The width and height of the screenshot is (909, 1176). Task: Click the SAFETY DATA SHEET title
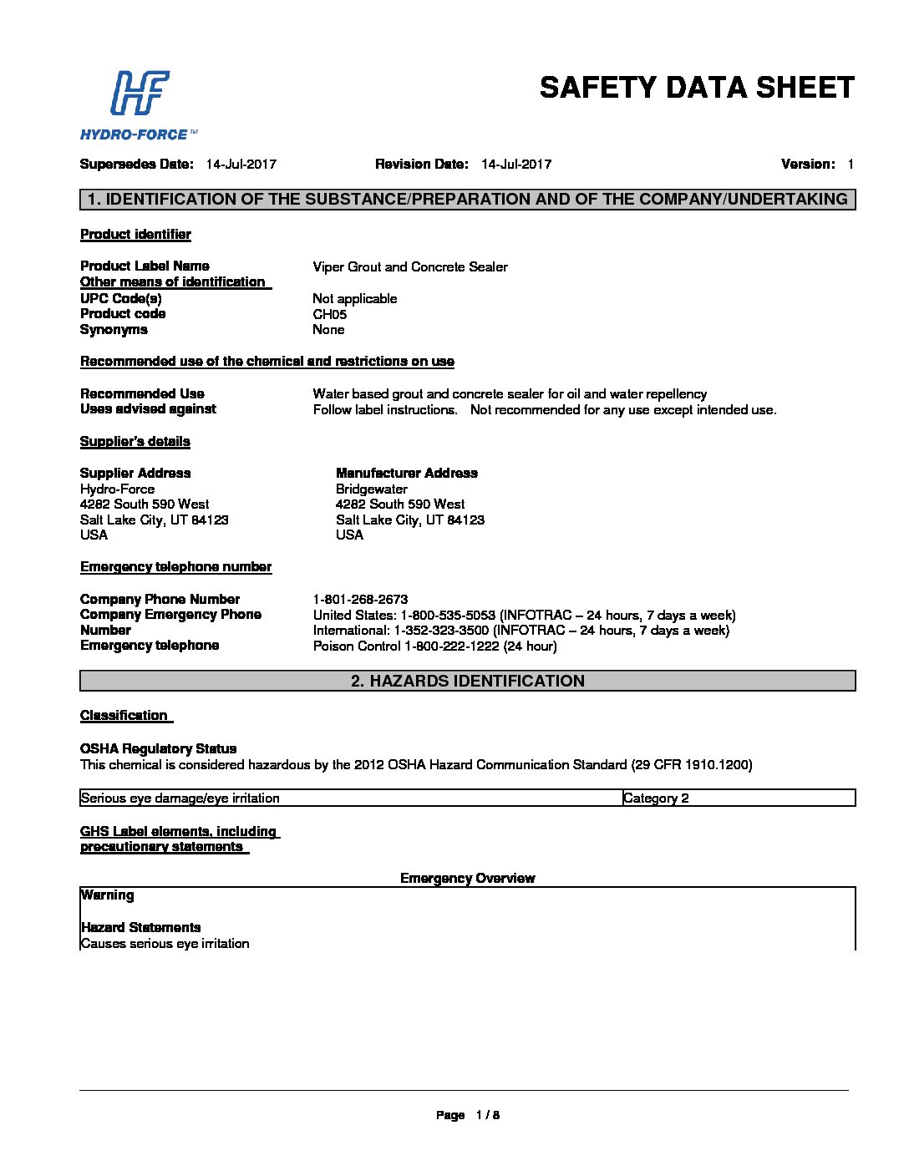697,88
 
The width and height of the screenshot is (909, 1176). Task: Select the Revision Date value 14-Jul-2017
516,165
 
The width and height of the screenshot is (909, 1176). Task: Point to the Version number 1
851,165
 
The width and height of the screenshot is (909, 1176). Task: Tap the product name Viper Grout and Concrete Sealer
409,267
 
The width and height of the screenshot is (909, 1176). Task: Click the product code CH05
329,315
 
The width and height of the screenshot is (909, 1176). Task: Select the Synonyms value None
328,330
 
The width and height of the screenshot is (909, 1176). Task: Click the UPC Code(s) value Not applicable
354,299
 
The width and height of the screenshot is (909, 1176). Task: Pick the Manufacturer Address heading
406,474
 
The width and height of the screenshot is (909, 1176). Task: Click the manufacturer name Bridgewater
371,489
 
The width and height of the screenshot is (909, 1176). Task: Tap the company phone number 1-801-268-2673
360,600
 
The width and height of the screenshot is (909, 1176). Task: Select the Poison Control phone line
434,646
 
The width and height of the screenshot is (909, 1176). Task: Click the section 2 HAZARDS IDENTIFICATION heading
467,681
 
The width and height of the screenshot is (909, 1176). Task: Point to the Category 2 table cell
656,798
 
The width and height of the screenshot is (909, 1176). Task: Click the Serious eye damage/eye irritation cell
180,798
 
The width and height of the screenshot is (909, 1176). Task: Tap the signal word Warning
107,895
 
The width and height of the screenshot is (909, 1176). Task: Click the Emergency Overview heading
467,879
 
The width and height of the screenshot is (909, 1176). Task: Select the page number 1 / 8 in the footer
487,1115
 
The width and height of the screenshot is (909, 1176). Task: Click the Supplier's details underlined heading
135,442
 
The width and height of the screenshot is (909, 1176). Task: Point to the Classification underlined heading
124,716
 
